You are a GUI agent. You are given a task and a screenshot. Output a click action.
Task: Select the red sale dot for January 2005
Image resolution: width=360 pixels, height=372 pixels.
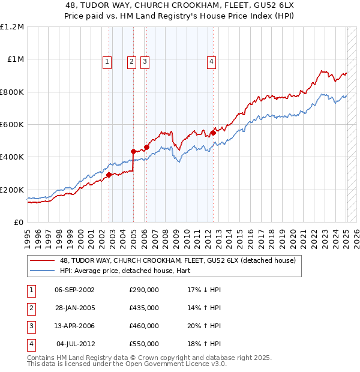133,151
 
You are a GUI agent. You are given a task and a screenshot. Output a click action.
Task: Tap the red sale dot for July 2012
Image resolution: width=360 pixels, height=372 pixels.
212,133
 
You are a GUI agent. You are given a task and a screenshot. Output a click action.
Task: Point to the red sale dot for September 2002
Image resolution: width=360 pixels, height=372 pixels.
109,175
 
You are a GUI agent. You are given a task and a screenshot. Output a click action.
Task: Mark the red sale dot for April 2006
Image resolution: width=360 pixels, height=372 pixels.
146,147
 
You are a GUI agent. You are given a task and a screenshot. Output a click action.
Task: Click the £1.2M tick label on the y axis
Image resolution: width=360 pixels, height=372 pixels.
12,27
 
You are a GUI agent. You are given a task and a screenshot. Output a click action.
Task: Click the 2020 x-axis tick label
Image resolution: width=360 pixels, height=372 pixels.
293,236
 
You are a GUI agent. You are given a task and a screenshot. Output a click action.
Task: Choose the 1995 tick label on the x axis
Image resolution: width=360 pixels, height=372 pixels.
28,236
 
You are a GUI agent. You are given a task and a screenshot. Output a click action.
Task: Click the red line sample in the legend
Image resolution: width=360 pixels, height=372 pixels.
41,261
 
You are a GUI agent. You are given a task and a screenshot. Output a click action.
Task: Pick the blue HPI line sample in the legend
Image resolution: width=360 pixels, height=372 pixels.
41,271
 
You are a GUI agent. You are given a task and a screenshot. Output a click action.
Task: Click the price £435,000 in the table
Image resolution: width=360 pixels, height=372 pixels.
144,308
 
